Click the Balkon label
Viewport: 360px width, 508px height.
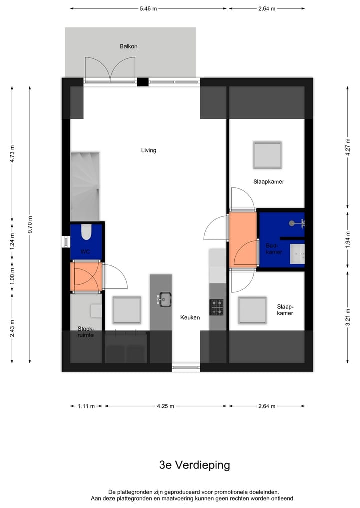[x=128, y=46]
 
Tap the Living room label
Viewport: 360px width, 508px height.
[x=148, y=150]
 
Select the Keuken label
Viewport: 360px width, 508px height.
[x=190, y=317]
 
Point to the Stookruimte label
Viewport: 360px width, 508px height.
[x=86, y=332]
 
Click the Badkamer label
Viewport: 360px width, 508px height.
[x=274, y=249]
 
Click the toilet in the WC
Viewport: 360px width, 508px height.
[x=86, y=232]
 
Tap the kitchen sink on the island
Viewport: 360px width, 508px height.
[x=164, y=299]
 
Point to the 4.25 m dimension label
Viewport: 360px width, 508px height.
[x=165, y=406]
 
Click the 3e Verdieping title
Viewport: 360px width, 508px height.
[x=194, y=465]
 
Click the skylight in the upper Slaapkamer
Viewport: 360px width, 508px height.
[x=267, y=155]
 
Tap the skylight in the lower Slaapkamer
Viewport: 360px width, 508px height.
[x=252, y=310]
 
